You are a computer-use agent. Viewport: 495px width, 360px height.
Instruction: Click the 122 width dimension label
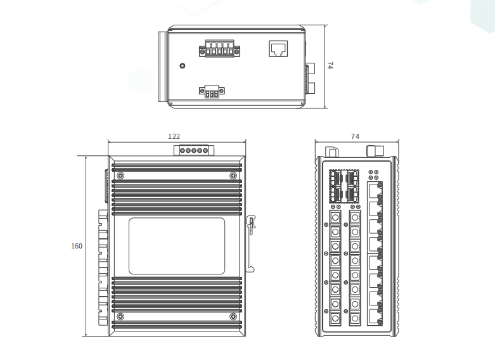[x=174, y=136]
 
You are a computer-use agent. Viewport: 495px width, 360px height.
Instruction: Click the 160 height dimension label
[x=77, y=246]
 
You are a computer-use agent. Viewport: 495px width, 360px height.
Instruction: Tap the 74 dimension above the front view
[x=355, y=136]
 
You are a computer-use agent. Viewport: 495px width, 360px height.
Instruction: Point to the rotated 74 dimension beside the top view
[x=330, y=65]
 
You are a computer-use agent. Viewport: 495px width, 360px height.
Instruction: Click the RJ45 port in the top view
[x=278, y=49]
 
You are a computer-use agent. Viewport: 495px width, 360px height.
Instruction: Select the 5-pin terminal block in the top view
[x=219, y=49]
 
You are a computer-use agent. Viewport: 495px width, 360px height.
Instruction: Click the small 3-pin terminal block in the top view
[x=212, y=91]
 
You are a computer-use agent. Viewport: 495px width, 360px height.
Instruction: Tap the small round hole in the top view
[x=182, y=66]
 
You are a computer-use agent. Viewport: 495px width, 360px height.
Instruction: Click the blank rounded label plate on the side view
[x=177, y=246]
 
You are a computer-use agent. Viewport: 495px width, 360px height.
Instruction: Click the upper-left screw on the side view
[x=120, y=176]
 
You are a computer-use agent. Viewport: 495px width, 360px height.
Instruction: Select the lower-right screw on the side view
[x=233, y=316]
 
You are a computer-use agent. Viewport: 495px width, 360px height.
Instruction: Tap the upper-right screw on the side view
[x=233, y=176]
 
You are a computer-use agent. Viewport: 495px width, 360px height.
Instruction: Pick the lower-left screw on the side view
[x=120, y=316]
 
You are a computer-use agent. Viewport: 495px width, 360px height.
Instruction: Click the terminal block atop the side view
[x=194, y=150]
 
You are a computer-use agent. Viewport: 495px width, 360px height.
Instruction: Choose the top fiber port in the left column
[x=335, y=217]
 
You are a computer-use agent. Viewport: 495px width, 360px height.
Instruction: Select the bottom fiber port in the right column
[x=355, y=318]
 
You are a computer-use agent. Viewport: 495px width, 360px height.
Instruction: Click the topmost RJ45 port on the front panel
[x=375, y=190]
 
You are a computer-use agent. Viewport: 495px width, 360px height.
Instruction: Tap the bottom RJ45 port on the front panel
[x=375, y=317]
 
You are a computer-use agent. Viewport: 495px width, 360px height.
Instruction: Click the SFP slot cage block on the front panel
[x=344, y=186]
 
